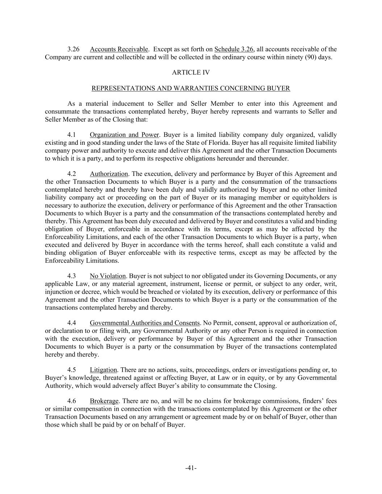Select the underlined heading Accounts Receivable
click(x=119, y=49)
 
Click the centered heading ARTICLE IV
click(x=191, y=72)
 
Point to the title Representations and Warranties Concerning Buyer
click(x=191, y=88)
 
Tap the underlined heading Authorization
click(x=109, y=174)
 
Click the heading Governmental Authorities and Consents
click(x=145, y=323)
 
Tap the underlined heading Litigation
click(x=103, y=370)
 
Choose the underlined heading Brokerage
click(x=104, y=401)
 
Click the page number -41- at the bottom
click(x=191, y=468)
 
